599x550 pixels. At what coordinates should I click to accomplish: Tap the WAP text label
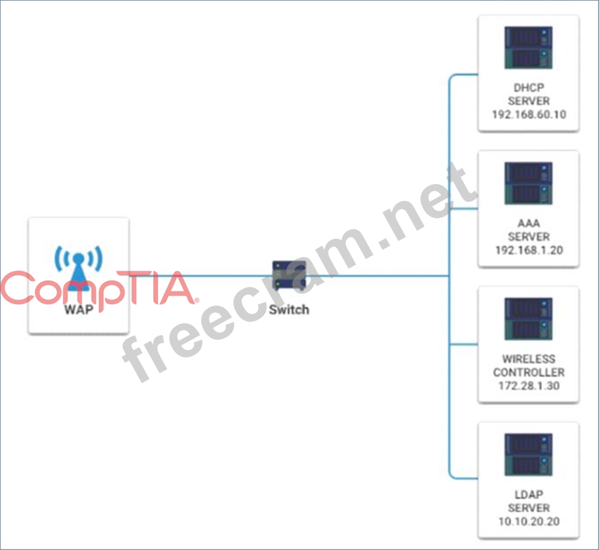(79, 310)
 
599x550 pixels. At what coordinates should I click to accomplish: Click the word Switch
(289, 310)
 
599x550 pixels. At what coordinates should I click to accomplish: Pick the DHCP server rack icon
(528, 48)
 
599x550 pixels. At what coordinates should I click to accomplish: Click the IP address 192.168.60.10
(528, 114)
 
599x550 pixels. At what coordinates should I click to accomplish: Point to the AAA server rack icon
(528, 183)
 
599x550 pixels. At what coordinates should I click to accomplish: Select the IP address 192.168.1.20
(528, 250)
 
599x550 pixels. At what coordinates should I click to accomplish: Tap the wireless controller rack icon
(528, 319)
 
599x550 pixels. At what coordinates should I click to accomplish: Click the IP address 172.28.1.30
(528, 386)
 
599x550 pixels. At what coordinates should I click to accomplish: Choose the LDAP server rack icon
(528, 454)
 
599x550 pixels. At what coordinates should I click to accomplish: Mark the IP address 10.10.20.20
(528, 521)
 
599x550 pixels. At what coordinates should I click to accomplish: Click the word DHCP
(528, 88)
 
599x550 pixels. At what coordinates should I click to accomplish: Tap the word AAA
(528, 223)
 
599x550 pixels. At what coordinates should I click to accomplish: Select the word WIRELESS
(528, 359)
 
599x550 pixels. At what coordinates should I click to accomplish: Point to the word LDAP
(528, 495)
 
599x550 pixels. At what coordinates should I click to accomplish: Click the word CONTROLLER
(528, 372)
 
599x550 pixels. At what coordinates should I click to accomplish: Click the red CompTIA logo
(99, 290)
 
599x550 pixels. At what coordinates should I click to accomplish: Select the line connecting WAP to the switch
(201, 276)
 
